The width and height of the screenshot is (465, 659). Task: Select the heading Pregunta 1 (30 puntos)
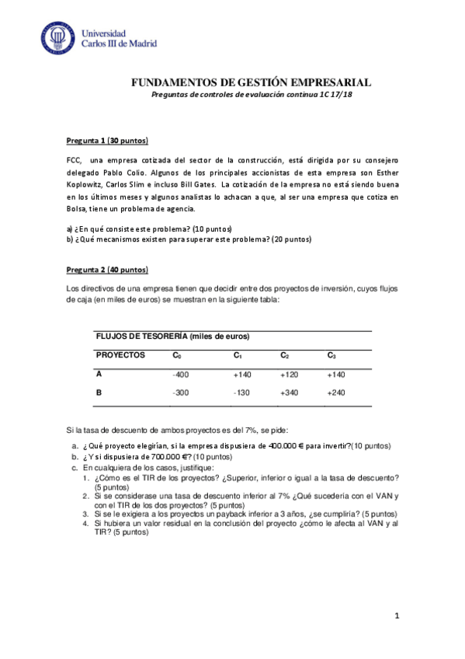107,141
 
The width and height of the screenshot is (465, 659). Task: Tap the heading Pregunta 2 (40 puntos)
107,270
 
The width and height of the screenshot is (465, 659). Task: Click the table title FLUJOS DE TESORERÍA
172,336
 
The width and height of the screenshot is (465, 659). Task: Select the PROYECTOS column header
120,354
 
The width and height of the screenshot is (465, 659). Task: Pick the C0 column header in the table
177,355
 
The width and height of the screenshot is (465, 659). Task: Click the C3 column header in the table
331,355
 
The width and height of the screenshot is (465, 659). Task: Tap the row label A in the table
99,374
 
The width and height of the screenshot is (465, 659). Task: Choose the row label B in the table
99,392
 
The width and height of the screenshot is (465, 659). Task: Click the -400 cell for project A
180,375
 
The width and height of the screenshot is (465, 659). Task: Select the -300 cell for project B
180,393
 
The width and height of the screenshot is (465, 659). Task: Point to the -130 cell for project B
242,393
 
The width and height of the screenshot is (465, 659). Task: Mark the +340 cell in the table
290,393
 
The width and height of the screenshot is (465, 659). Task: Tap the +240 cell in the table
335,393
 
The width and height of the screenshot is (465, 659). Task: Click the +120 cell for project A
290,375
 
